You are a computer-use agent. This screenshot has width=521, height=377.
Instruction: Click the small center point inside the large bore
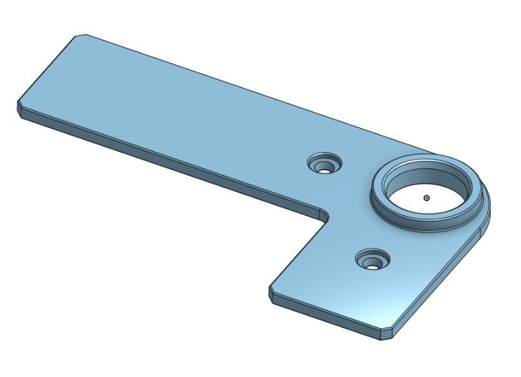(x=427, y=198)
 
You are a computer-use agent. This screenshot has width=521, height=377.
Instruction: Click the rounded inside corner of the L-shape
(x=322, y=213)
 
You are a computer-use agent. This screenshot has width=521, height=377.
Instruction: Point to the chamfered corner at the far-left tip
(x=20, y=106)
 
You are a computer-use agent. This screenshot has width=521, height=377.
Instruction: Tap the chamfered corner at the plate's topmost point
(x=80, y=36)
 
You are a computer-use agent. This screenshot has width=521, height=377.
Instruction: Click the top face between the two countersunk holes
(x=350, y=212)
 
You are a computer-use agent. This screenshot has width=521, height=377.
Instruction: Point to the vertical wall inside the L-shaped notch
(x=296, y=257)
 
